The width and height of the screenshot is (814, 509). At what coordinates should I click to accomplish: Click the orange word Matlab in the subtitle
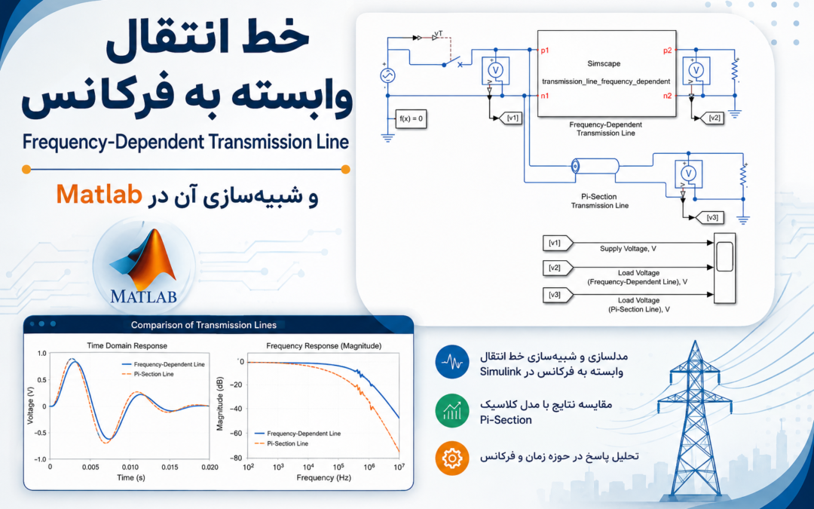pos(99,195)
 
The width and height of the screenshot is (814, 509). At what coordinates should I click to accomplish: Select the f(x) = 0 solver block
pos(412,118)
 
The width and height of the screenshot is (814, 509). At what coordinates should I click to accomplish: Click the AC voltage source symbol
pos(387,76)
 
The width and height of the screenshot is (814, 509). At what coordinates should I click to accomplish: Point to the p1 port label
pos(545,51)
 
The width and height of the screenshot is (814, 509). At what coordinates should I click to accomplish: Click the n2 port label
pos(667,96)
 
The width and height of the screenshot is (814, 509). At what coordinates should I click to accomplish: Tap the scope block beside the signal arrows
pos(725,268)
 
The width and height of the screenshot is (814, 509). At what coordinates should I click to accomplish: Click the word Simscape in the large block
pos(604,63)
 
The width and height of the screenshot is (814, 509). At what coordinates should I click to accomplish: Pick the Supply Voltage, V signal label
pos(628,249)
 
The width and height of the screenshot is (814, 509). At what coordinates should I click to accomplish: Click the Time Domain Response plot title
pos(127,345)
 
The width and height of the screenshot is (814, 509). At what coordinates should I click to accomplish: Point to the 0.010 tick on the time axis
pos(130,467)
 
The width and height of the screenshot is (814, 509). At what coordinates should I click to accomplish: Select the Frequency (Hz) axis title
pos(323,477)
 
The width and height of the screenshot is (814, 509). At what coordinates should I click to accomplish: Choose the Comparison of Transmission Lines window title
pos(203,325)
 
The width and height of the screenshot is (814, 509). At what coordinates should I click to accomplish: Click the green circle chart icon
pos(452,411)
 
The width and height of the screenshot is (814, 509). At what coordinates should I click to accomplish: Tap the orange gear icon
pos(452,458)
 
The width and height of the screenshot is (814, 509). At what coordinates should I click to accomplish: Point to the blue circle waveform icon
pos(452,362)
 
